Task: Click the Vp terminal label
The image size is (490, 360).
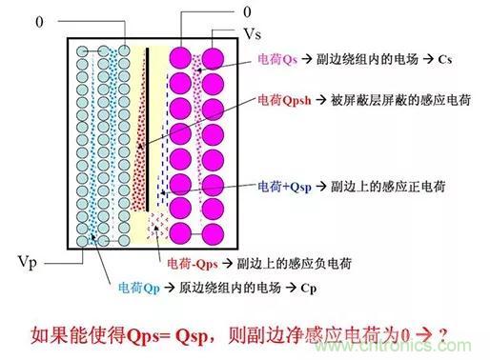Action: pyautogui.click(x=27, y=263)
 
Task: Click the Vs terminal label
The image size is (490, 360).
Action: pyautogui.click(x=252, y=33)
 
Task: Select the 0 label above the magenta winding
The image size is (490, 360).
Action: pyautogui.click(x=247, y=12)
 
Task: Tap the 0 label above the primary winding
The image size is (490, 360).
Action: pyautogui.click(x=39, y=22)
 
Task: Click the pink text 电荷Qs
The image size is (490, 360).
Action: pyautogui.click(x=277, y=59)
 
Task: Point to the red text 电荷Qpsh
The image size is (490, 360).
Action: pyautogui.click(x=284, y=100)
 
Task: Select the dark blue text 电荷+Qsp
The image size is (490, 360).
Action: pyautogui.click(x=284, y=187)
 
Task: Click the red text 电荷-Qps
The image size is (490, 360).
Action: pyautogui.click(x=193, y=264)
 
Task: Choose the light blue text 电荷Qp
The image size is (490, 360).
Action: pyautogui.click(x=138, y=288)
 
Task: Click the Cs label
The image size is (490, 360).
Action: pyautogui.click(x=445, y=59)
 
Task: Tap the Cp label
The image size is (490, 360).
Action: pyautogui.click(x=309, y=289)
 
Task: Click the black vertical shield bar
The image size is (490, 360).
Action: pyautogui.click(x=147, y=130)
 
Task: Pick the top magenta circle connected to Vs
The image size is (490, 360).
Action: pyautogui.click(x=213, y=58)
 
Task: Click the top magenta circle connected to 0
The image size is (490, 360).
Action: pyautogui.click(x=180, y=58)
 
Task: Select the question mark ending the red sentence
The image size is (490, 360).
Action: pyautogui.click(x=442, y=334)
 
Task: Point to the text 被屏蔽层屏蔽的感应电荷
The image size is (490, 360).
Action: pyautogui.click(x=400, y=100)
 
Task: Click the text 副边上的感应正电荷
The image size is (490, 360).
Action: pyautogui.click(x=388, y=187)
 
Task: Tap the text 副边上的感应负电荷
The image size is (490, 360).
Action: pyautogui.click(x=295, y=264)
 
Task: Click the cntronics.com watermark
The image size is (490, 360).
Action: pyautogui.click(x=394, y=346)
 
